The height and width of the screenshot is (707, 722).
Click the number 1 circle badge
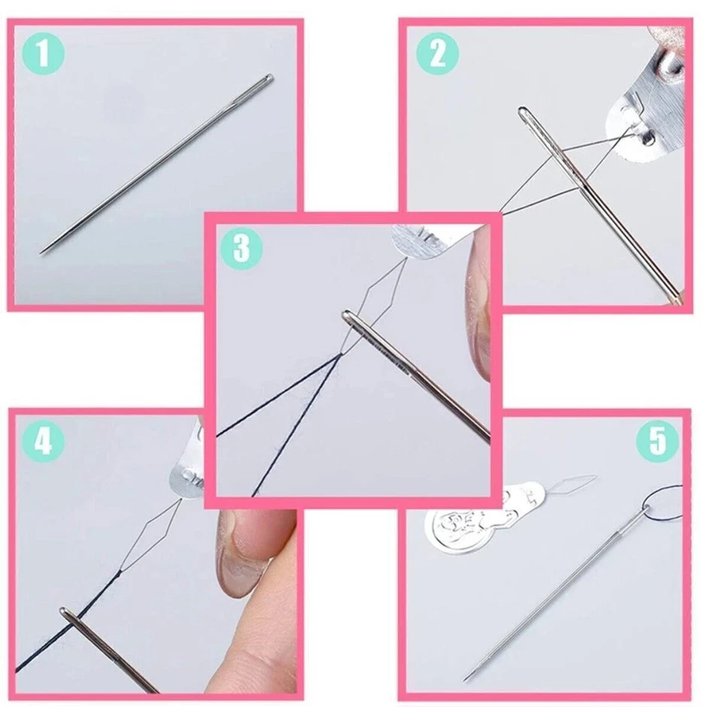tap(44, 54)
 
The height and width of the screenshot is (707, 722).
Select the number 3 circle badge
tap(241, 247)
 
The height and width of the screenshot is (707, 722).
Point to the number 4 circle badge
tap(44, 441)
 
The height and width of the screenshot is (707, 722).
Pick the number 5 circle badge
tap(657, 441)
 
